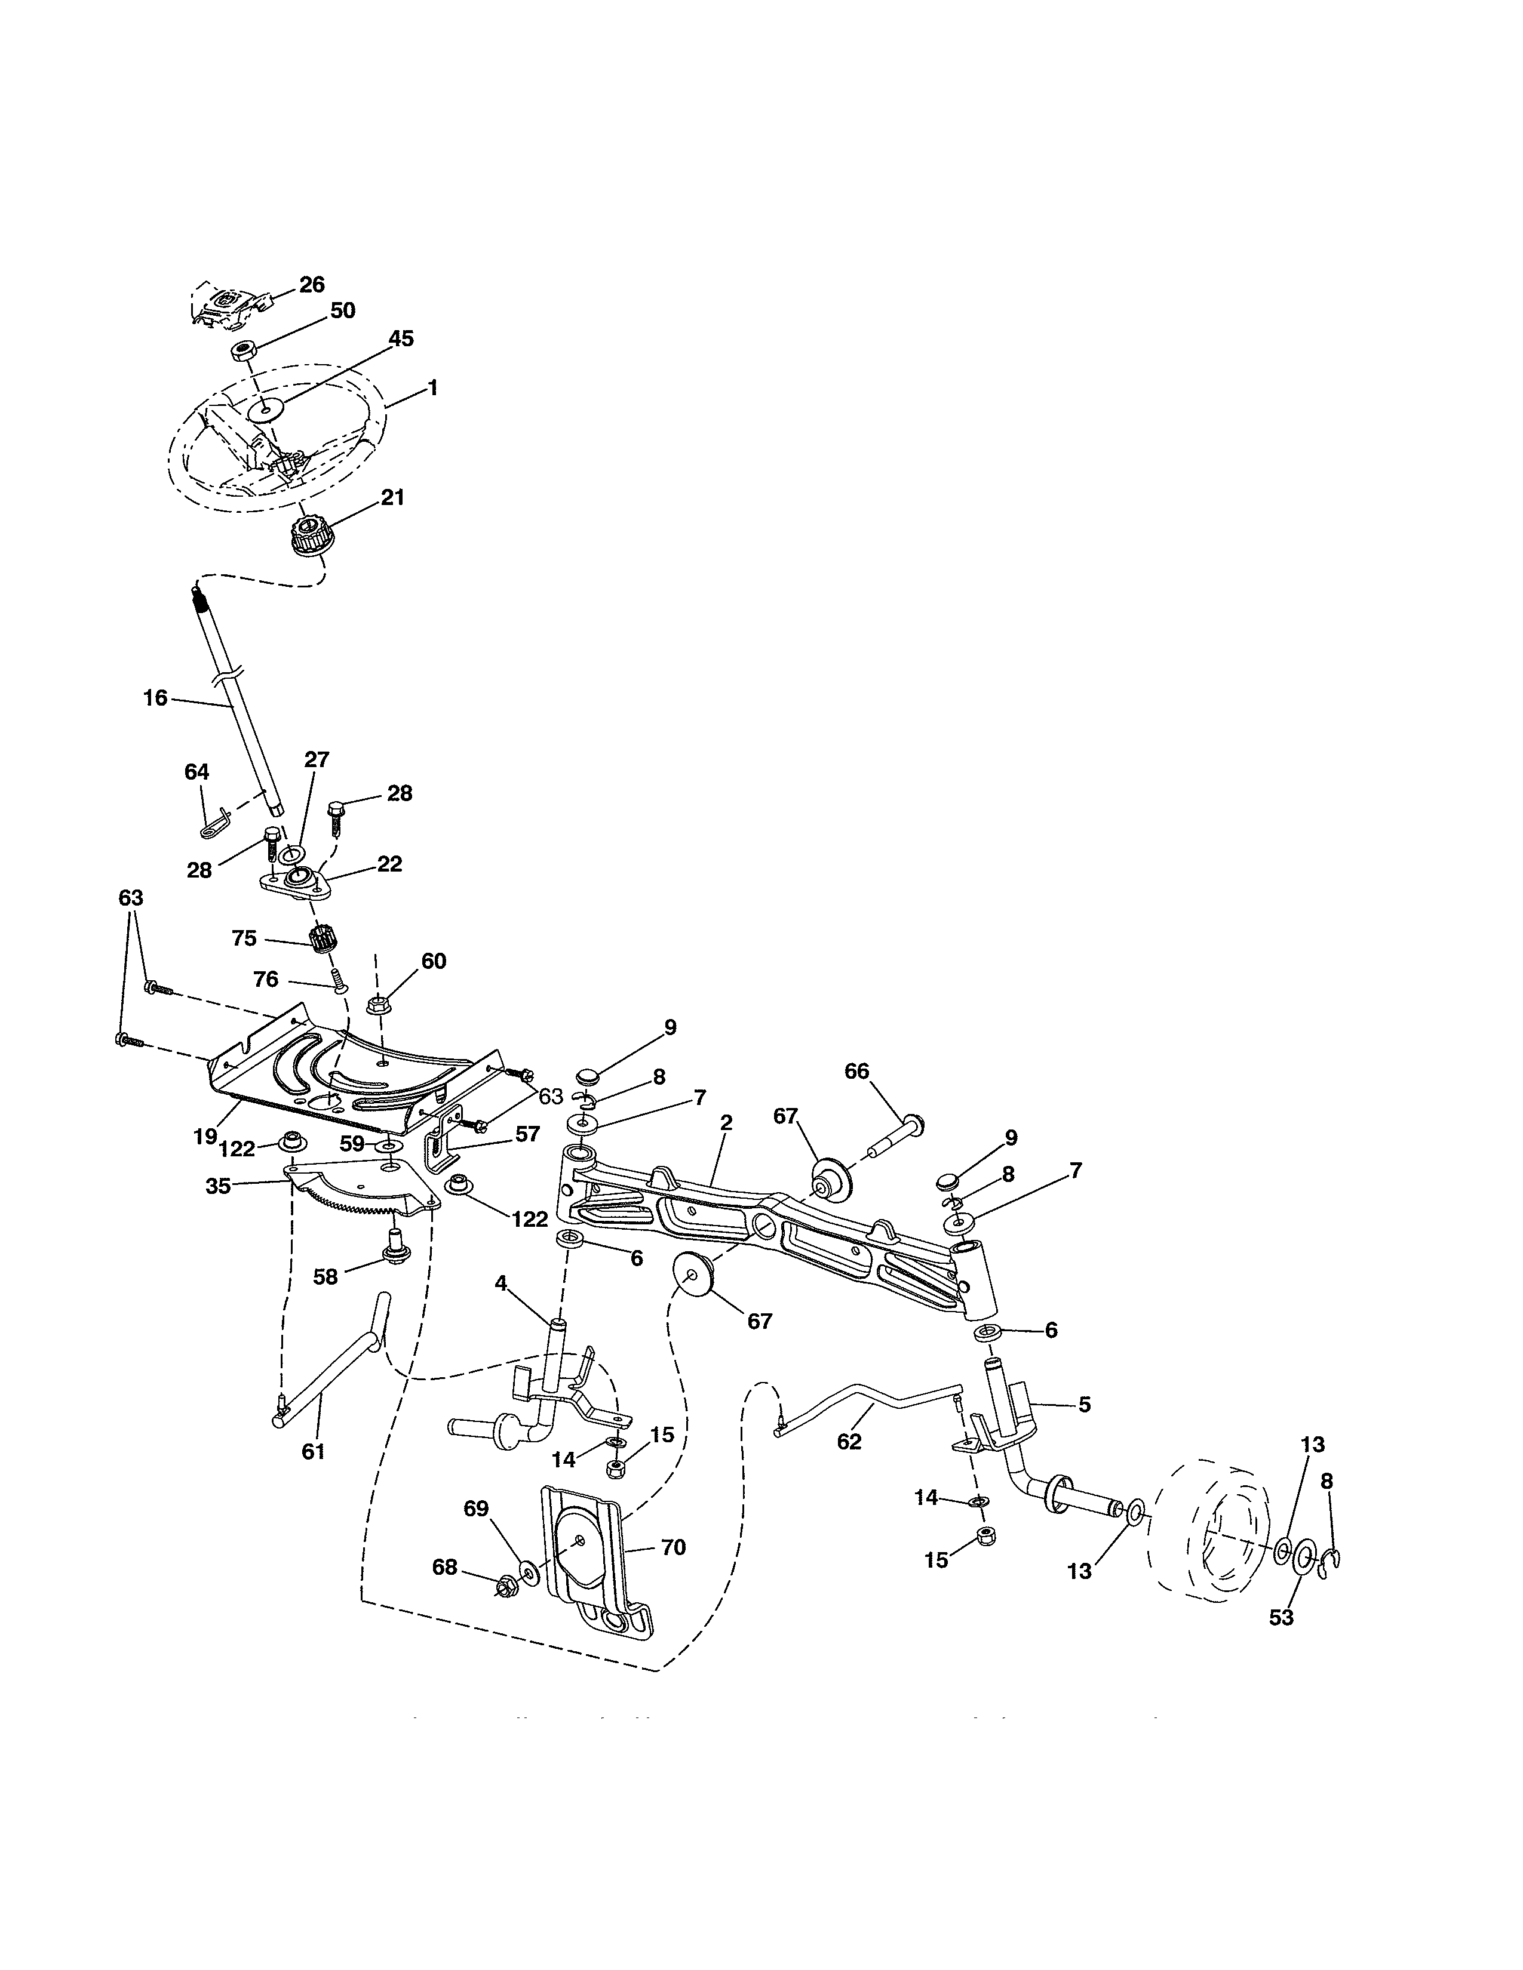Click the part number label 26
point(311,285)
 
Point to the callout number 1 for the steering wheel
point(433,388)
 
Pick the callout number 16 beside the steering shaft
point(155,697)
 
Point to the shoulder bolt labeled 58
point(394,1244)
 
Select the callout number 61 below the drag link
point(313,1451)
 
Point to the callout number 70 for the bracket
point(673,1547)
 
